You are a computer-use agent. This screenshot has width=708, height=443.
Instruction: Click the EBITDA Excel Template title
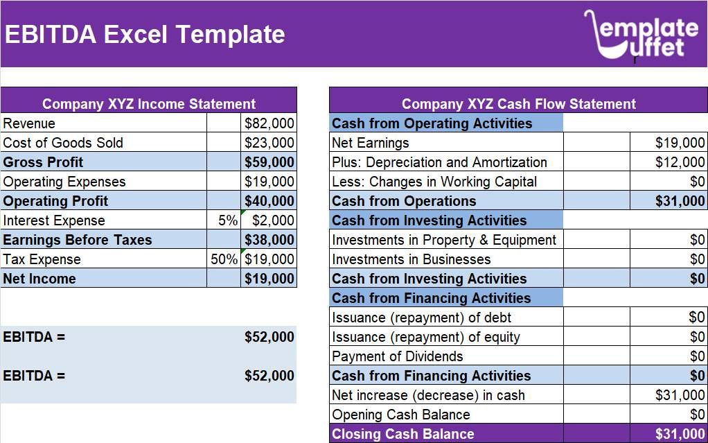[145, 35]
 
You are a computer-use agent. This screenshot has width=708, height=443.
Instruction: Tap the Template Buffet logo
[641, 35]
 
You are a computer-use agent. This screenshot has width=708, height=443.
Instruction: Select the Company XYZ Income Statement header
[149, 104]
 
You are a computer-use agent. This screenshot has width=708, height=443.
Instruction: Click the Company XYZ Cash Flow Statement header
[519, 104]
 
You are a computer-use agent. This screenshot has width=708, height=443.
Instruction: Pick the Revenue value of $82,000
[269, 123]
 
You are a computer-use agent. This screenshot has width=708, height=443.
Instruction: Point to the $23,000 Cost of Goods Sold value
[269, 143]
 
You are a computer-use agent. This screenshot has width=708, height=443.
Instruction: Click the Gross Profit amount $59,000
[269, 162]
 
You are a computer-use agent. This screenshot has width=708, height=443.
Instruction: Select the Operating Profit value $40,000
[269, 201]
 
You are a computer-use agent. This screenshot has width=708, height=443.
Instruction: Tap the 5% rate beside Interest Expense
[228, 220]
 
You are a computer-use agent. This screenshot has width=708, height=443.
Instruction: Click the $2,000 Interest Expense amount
[273, 220]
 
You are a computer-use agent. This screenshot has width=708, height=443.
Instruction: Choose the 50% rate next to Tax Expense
[224, 259]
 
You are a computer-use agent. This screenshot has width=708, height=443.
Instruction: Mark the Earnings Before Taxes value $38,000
[269, 240]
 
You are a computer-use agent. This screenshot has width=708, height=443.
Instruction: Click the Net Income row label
[39, 279]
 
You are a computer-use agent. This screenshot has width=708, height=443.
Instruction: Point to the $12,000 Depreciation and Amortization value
[680, 162]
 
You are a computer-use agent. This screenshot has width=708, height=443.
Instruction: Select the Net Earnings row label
[370, 144]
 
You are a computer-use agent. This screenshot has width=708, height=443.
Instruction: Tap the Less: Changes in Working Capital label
[434, 182]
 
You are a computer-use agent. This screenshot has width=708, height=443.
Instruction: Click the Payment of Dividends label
[398, 356]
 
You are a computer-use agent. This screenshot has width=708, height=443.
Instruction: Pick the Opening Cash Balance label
[401, 415]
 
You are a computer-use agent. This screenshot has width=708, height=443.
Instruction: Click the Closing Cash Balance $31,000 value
[680, 434]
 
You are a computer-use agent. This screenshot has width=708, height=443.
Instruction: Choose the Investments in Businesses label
[411, 259]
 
